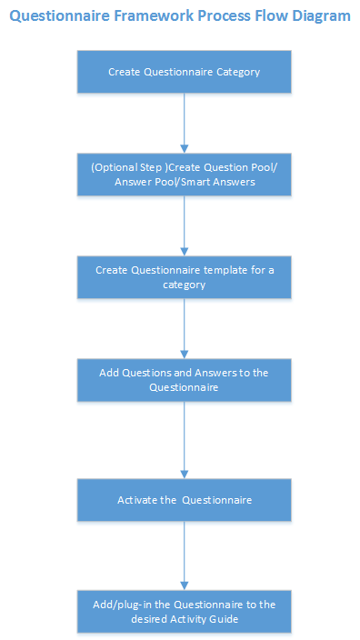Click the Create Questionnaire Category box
(185, 71)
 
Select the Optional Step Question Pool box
(185, 175)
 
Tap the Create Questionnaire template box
(185, 277)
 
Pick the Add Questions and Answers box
(185, 380)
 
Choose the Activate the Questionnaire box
(185, 500)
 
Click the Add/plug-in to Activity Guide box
(185, 612)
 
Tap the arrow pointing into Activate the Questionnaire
(185, 440)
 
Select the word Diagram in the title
(317, 16)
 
